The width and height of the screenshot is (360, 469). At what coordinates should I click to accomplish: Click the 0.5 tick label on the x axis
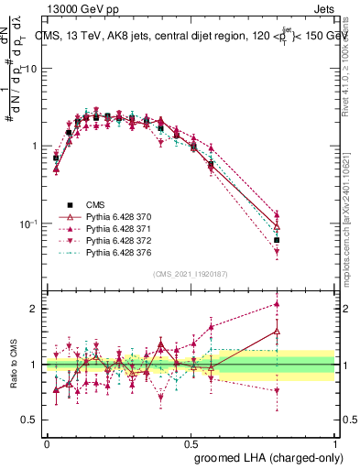(191, 442)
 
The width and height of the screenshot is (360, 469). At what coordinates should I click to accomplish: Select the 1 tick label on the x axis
(335, 442)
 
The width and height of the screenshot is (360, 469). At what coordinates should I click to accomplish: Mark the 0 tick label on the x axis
(48, 442)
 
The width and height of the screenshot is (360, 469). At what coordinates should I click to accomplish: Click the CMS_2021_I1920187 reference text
(191, 272)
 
